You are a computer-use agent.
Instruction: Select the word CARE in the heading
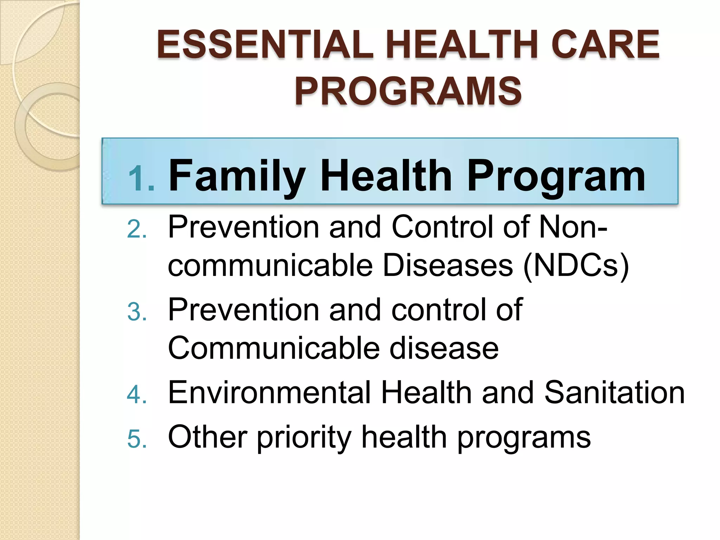pos(605,45)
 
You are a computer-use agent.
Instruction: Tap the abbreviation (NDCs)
pos(576,265)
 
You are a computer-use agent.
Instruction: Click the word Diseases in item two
pos(447,265)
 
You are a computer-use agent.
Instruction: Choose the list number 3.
pos(137,312)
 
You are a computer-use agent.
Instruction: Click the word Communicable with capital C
pos(273,348)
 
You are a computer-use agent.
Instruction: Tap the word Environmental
pos(269,393)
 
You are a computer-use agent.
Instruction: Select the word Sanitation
pos(614,393)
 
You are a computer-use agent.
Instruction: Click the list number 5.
pos(137,439)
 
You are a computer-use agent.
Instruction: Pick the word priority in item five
pos(304,438)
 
